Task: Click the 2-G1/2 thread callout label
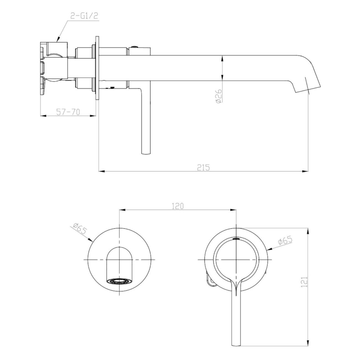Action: point(84,16)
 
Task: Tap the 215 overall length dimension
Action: point(204,167)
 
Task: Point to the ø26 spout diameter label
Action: point(218,96)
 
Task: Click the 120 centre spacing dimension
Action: point(178,206)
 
